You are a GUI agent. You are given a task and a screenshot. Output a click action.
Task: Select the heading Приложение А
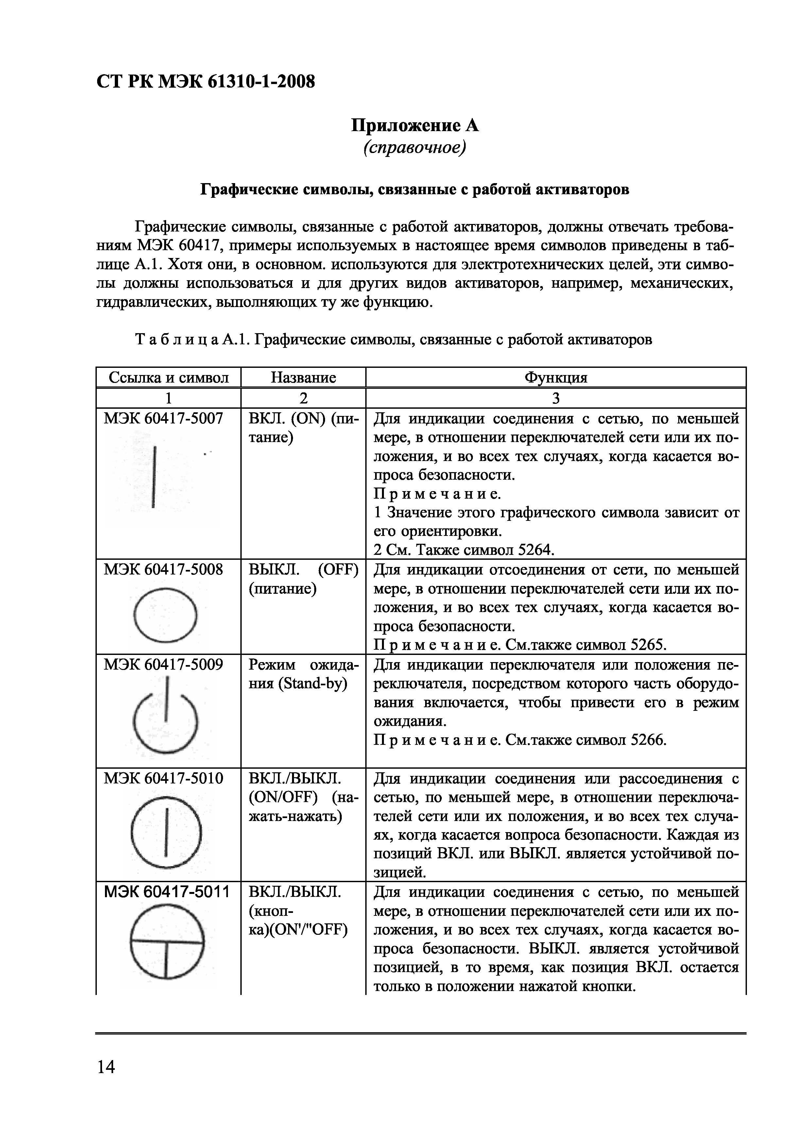tap(414, 125)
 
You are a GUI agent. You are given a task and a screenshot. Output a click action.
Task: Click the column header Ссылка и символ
tap(168, 378)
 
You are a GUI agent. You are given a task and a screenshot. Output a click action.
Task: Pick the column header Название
tap(303, 378)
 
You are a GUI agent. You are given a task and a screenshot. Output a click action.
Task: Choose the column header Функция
tap(556, 378)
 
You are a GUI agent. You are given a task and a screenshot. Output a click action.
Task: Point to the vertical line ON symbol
tap(155, 478)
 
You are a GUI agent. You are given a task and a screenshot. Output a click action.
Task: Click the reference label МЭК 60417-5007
tap(164, 419)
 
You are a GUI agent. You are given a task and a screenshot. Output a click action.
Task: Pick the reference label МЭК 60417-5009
tap(164, 665)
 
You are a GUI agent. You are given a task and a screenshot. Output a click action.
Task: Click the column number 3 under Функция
tap(556, 398)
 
